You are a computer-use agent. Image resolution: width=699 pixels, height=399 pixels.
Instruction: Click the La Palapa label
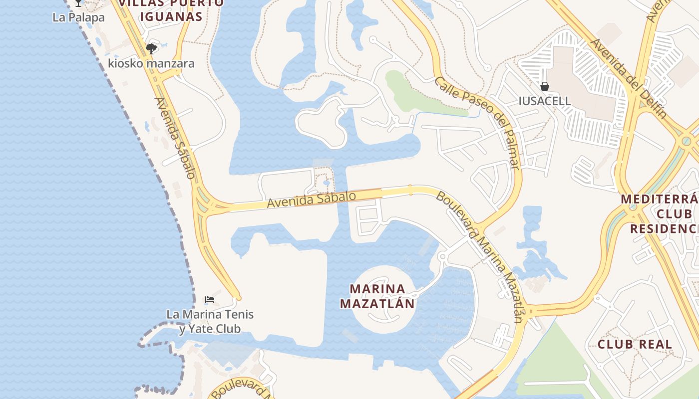[x=78, y=17]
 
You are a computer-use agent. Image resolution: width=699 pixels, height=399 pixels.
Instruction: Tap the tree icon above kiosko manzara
[x=151, y=48]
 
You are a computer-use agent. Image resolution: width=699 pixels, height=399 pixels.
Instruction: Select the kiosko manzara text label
[x=151, y=63]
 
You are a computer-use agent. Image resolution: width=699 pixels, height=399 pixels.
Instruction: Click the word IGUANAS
[x=171, y=16]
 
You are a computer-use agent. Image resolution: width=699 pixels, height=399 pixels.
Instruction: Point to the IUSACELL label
[x=544, y=101]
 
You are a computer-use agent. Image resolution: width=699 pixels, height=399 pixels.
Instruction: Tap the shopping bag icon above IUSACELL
[x=544, y=86]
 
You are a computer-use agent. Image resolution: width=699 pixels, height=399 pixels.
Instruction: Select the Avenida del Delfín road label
[x=628, y=78]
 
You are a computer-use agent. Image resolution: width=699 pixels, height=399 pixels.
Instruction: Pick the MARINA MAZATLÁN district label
[x=377, y=296]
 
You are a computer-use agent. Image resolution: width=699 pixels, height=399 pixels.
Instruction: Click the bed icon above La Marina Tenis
[x=210, y=300]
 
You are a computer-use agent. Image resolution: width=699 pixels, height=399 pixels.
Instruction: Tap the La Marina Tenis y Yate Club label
[x=210, y=321]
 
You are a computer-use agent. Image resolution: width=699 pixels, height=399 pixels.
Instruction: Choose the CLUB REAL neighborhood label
[x=635, y=344]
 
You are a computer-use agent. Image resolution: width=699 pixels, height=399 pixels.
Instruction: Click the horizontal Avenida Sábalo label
[x=311, y=199]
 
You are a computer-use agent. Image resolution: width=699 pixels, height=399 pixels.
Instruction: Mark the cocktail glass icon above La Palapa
[x=78, y=3]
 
